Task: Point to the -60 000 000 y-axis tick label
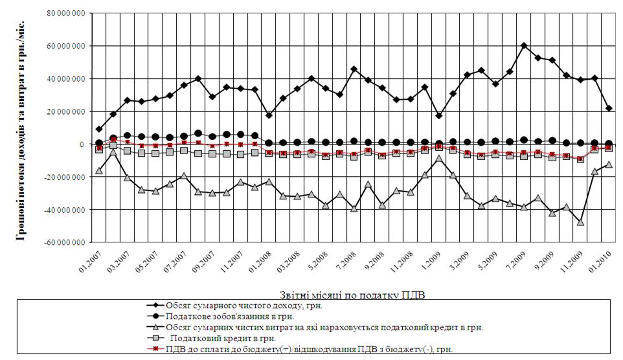[65, 243]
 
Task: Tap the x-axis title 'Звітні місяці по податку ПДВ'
[352, 293]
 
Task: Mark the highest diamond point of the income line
[524, 46]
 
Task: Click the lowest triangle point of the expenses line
[581, 222]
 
